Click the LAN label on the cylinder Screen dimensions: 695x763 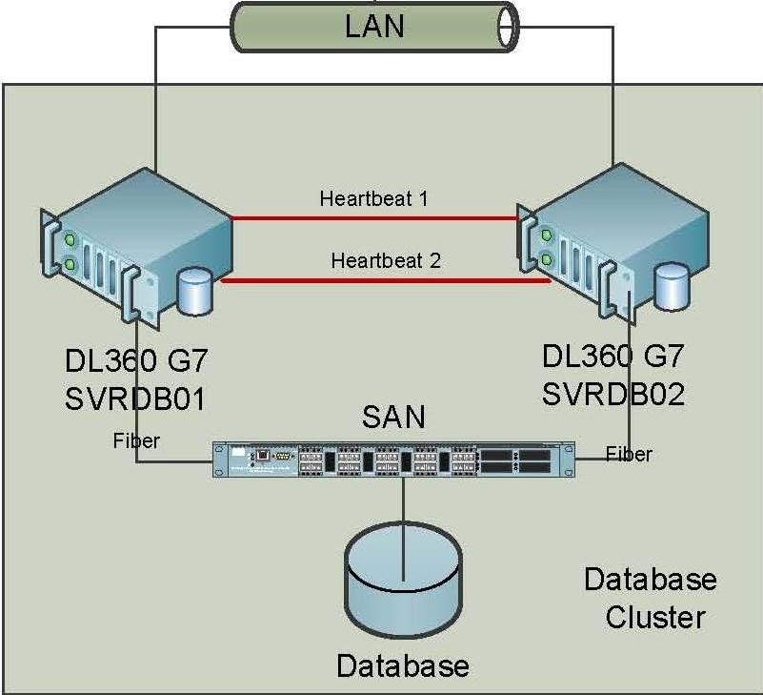[x=373, y=25]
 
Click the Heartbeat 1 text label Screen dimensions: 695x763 [x=373, y=199]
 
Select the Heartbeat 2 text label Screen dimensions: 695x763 [x=386, y=260]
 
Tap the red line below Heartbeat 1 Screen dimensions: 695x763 [x=373, y=217]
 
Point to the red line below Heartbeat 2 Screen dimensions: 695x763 [x=386, y=281]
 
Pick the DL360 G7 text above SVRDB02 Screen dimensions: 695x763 [x=613, y=358]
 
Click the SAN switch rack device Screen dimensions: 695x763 [x=394, y=460]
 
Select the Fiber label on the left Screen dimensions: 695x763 [x=136, y=441]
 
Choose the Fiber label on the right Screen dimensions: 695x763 [x=630, y=454]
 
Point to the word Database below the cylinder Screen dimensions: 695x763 [x=403, y=664]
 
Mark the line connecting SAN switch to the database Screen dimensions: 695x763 [x=403, y=505]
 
